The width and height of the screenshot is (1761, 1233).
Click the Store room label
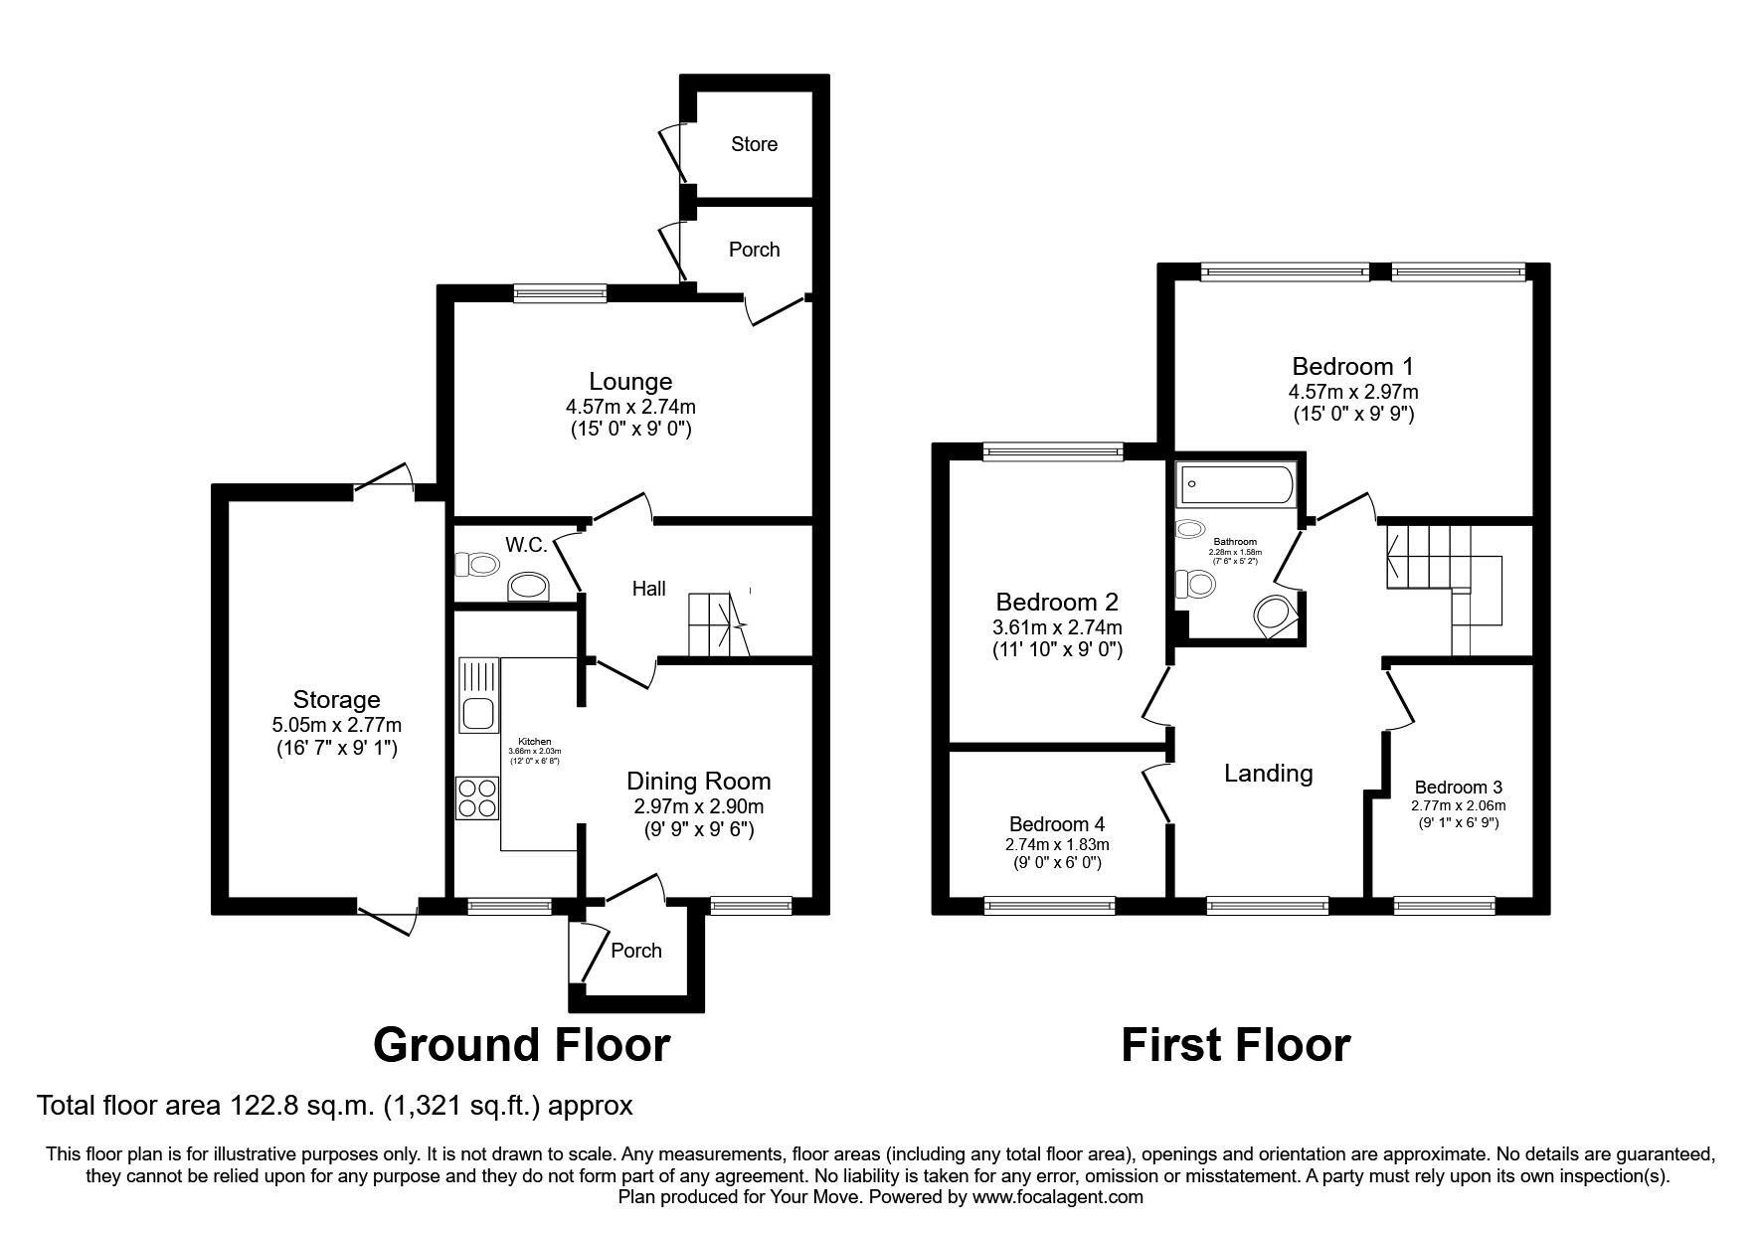pos(754,144)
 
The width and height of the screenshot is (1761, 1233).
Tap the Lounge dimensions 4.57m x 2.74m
pos(630,407)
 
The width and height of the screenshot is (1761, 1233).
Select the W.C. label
pos(526,545)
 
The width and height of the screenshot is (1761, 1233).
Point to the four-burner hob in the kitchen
pos(477,797)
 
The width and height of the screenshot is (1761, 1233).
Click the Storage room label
pos(336,700)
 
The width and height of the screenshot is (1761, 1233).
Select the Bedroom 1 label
pos(1352,366)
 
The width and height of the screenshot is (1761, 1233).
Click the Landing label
pos(1268,774)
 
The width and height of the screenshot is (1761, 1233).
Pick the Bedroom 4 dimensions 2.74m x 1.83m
pos(1057,844)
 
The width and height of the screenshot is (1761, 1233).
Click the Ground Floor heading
pos(521,1046)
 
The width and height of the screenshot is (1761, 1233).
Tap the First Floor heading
pos(1235,1046)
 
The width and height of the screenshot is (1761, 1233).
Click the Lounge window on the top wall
pos(561,292)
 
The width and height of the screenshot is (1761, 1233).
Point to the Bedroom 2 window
pos(1053,452)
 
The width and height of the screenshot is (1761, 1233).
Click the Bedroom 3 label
pos(1458,788)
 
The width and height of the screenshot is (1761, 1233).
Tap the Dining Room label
pos(698,782)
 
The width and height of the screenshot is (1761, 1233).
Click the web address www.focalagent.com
pos(1057,1198)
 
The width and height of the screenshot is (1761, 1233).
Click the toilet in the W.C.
pos(477,566)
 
